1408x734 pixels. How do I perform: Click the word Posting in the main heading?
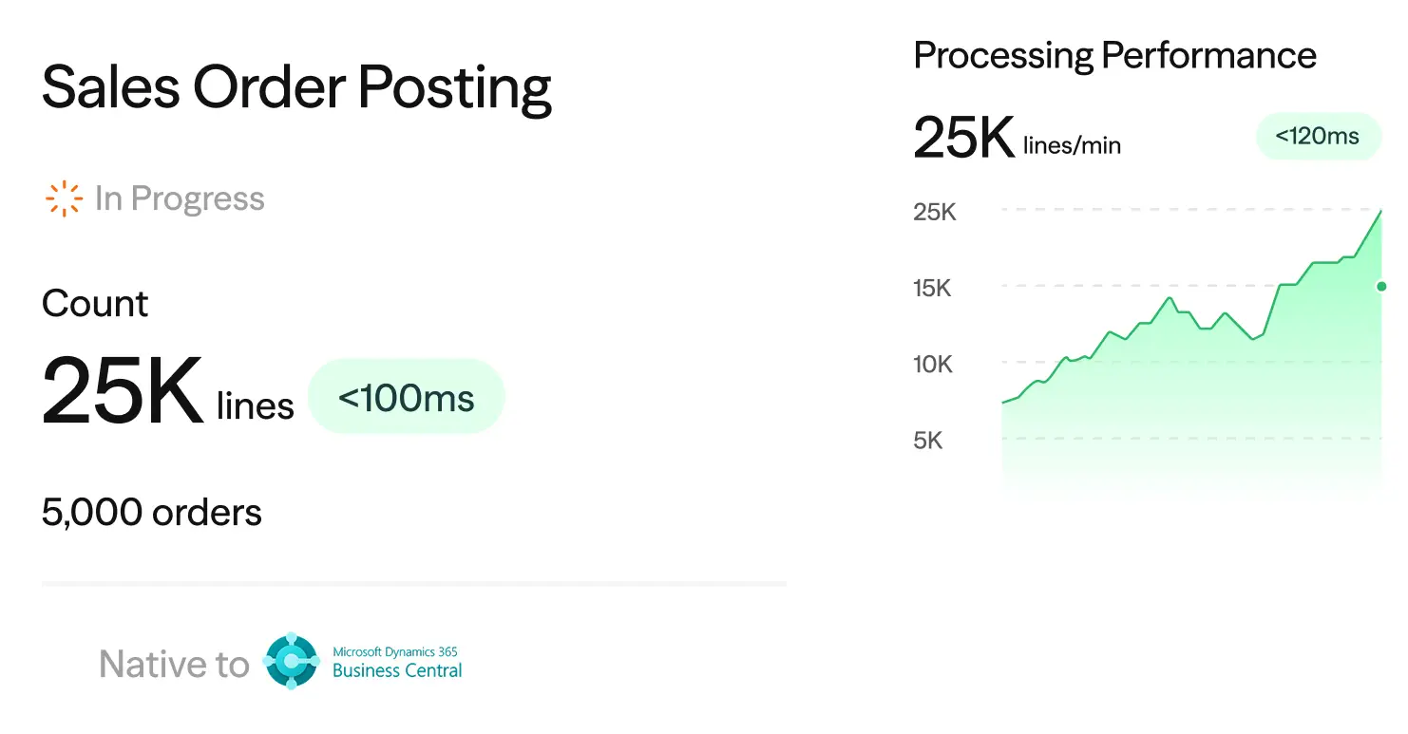[454, 88]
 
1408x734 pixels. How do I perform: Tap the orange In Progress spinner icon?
[64, 198]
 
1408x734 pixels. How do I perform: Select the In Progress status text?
[180, 198]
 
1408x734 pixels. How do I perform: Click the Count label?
[95, 304]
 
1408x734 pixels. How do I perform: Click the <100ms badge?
[406, 397]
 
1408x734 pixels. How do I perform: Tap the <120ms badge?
[1318, 136]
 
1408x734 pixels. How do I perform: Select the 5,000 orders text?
[151, 512]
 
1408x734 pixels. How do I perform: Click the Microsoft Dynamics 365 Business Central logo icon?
[291, 661]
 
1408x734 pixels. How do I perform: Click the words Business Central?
[397, 670]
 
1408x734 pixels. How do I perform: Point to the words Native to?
[174, 664]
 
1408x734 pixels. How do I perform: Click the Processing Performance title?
[1115, 56]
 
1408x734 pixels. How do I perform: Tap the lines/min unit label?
[1073, 146]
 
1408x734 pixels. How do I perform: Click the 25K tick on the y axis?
[935, 213]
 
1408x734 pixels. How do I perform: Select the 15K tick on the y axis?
[932, 289]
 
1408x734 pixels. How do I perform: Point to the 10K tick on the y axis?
[933, 365]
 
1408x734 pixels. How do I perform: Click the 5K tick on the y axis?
[928, 441]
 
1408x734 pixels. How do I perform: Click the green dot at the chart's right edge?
[1381, 287]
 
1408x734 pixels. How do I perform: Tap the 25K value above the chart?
[964, 137]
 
